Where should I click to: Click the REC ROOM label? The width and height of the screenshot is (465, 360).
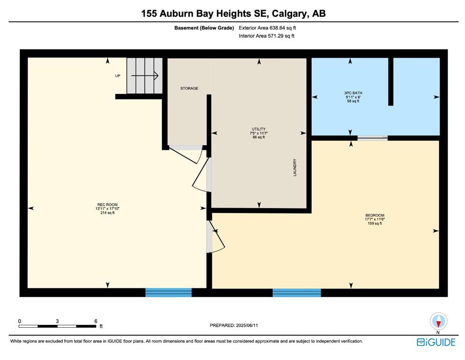(107, 204)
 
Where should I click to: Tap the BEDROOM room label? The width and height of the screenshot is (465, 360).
(375, 215)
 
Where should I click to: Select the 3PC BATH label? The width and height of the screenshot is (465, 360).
(353, 93)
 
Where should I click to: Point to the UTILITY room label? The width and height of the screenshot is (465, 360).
(258, 129)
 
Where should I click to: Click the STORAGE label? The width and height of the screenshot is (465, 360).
(189, 88)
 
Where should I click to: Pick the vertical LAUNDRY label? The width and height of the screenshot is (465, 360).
(295, 167)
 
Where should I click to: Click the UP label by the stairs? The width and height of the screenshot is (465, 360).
(118, 75)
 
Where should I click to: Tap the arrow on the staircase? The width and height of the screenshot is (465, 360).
(145, 75)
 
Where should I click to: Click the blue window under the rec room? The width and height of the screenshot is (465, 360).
(169, 292)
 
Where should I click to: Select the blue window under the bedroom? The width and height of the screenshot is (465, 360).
(296, 292)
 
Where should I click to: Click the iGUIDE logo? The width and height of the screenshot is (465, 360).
(436, 342)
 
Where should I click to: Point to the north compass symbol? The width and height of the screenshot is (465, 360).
(439, 321)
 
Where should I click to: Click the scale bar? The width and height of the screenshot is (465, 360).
(57, 326)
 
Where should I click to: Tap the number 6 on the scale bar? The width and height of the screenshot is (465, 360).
(96, 321)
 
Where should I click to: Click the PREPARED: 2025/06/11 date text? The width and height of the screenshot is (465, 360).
(234, 325)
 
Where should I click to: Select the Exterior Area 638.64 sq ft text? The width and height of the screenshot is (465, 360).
(267, 28)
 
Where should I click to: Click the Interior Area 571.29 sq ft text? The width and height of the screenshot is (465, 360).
(266, 36)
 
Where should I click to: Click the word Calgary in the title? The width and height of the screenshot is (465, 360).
(291, 14)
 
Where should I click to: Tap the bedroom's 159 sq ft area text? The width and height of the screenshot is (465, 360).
(375, 223)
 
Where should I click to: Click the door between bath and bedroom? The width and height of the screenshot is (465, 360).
(372, 138)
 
